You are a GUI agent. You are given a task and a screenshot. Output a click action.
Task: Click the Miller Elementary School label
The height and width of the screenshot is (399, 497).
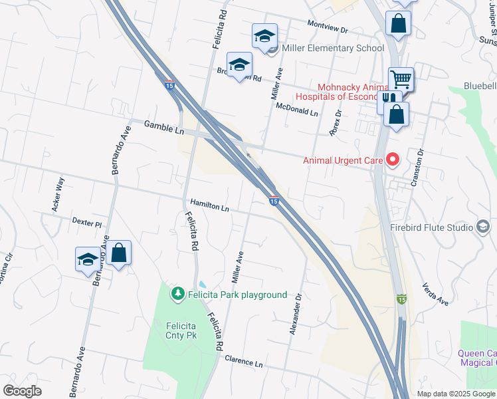click(x=333, y=48)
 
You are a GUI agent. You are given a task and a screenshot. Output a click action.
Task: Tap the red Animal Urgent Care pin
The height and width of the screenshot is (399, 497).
click(x=392, y=160)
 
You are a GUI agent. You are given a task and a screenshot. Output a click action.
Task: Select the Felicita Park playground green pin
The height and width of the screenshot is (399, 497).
click(x=177, y=294)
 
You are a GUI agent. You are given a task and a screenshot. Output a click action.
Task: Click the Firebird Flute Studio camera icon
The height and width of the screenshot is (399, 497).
click(x=483, y=227)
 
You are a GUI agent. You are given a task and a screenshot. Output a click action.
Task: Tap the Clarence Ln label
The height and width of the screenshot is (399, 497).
click(x=243, y=362)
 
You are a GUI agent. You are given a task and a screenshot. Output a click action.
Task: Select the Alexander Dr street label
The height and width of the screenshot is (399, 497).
click(x=296, y=314)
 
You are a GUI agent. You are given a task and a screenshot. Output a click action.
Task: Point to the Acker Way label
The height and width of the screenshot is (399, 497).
click(x=58, y=194)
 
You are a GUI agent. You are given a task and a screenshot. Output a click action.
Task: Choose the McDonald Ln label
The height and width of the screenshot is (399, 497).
click(x=296, y=109)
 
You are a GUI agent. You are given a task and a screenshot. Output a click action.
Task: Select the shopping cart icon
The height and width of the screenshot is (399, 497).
click(x=401, y=79)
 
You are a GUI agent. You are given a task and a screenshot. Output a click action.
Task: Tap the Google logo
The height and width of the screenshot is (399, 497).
click(x=22, y=391)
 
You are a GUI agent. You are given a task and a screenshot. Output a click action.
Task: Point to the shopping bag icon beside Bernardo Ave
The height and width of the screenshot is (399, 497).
click(x=118, y=253)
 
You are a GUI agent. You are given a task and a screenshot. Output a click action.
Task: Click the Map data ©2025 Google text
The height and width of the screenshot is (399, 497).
click(x=456, y=394)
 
